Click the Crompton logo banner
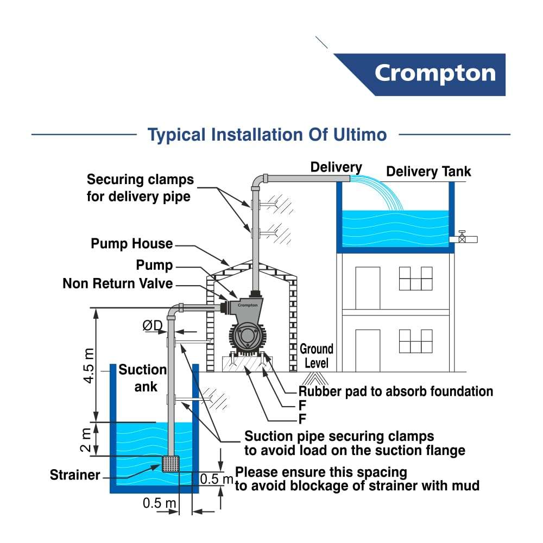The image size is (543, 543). click(x=434, y=74)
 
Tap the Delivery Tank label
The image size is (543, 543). click(x=428, y=172)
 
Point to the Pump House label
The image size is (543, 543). click(x=131, y=244)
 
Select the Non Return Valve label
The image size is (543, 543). click(x=117, y=283)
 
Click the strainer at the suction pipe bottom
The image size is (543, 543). click(x=171, y=464)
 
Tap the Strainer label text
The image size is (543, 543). click(x=75, y=475)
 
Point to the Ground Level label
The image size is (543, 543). click(x=317, y=356)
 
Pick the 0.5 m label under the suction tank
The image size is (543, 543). click(x=160, y=503)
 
